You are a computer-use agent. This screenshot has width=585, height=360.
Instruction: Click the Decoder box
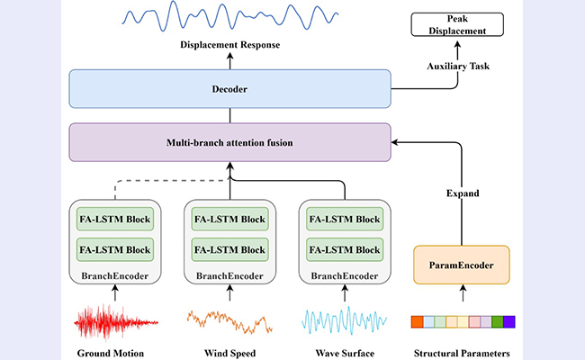click(x=230, y=90)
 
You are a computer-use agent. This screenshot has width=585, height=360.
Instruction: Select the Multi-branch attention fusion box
click(x=230, y=142)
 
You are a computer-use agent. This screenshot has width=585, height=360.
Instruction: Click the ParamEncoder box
click(x=461, y=266)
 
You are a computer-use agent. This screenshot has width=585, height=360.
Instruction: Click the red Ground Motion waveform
click(x=114, y=320)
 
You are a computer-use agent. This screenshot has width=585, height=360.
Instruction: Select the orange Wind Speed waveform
click(x=229, y=321)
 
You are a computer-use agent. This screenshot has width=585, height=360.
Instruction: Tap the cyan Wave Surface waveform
click(x=345, y=321)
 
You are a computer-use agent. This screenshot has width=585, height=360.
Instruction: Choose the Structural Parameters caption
click(x=461, y=353)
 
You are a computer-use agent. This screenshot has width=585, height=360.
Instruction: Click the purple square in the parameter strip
click(x=508, y=321)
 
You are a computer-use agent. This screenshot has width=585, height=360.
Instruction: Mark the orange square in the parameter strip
click(x=416, y=321)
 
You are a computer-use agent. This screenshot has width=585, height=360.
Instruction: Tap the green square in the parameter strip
click(x=497, y=321)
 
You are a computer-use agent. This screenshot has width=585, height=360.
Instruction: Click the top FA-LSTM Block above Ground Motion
click(x=114, y=219)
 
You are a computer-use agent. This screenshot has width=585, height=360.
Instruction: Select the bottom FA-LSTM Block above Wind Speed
click(x=229, y=249)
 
